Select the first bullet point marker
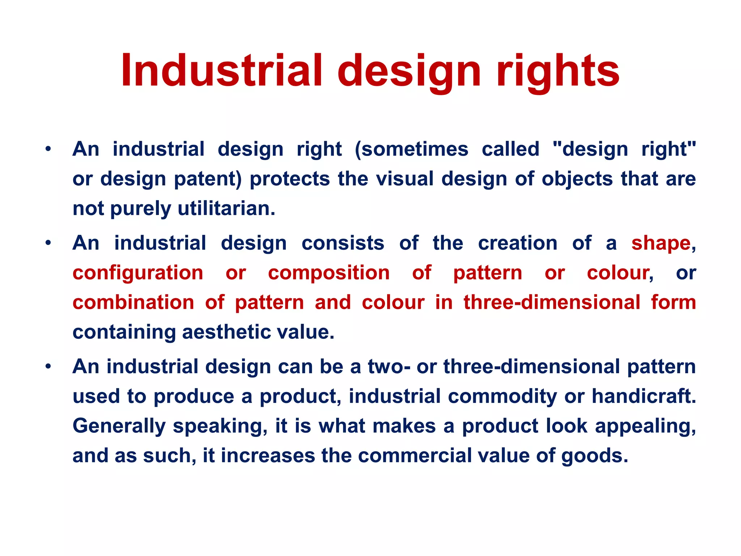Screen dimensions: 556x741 point(48,149)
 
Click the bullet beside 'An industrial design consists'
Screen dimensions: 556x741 point(48,243)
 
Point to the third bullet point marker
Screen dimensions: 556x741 point(48,366)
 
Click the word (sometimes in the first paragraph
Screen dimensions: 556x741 point(411,149)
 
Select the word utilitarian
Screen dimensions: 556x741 point(226,208)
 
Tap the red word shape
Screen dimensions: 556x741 point(661,243)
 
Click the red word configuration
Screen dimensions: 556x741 point(138,273)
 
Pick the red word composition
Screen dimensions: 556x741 point(329,273)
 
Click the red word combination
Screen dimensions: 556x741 point(133,302)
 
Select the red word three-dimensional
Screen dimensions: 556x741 point(552,302)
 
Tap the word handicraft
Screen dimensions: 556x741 point(644,396)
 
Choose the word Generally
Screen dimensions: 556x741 point(119,426)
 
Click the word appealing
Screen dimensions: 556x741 point(645,426)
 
